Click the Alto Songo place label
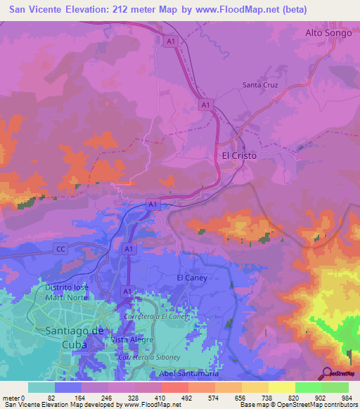(330, 32)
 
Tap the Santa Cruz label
(260, 85)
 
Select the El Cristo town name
(239, 155)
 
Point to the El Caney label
(191, 278)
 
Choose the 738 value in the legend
(268, 397)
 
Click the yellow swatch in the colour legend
(281, 387)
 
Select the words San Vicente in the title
(41, 10)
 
